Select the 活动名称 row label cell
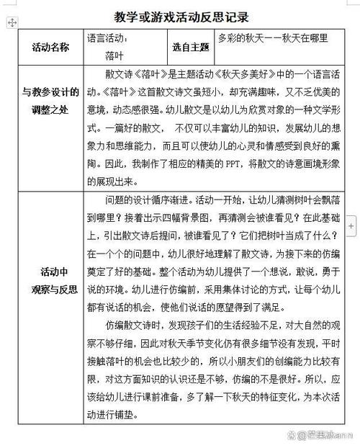pyautogui.click(x=50, y=47)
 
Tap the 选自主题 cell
pyautogui.click(x=190, y=47)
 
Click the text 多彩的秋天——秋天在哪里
pyautogui.click(x=273, y=38)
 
